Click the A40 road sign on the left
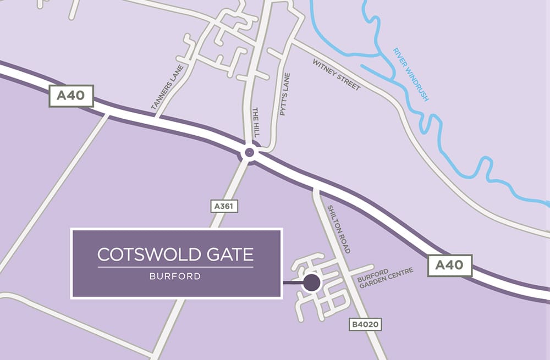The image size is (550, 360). pos(71,96)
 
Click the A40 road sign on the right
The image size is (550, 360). pos(449,265)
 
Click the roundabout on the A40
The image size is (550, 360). pos(249,152)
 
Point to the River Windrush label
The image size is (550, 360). pos(410,74)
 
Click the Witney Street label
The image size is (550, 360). pos(337,75)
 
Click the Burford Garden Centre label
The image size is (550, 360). pos(385,278)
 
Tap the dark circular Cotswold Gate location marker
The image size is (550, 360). pos(312,283)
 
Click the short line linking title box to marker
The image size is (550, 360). pos(293,284)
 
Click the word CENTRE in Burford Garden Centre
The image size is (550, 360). pos(402,273)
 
